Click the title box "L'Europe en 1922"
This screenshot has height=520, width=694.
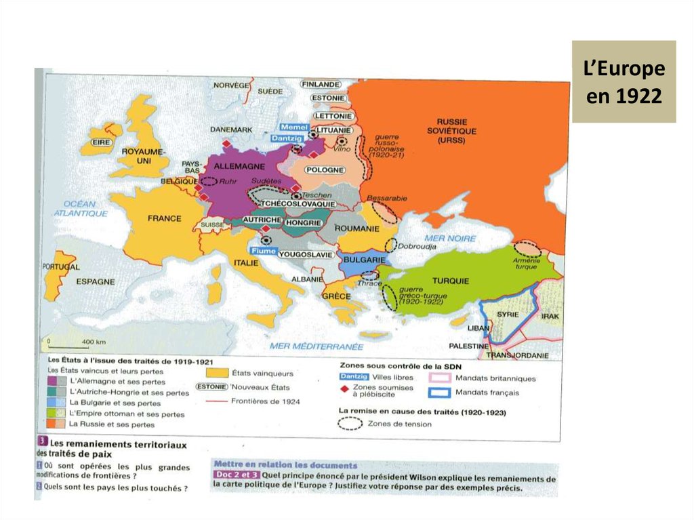click(x=624, y=82)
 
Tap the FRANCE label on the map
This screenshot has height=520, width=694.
click(x=164, y=218)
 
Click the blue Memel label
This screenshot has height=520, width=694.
click(x=293, y=127)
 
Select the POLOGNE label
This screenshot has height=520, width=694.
click(x=325, y=170)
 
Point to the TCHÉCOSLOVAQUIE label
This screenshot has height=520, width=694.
click(x=298, y=203)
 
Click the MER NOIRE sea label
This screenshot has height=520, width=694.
click(x=449, y=239)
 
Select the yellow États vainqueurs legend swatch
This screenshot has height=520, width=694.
click(x=216, y=373)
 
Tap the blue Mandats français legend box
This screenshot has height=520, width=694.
click(x=438, y=393)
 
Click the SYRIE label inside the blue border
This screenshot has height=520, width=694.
click(x=508, y=315)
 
